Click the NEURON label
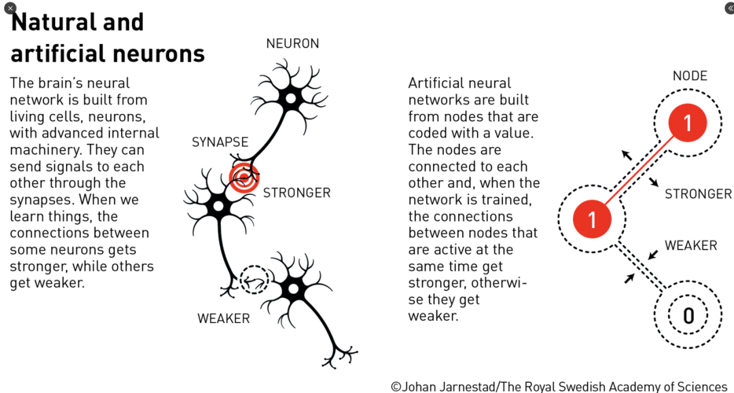point(292,44)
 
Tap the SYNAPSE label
point(220,143)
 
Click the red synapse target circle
point(243,179)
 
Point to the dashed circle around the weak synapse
point(255,279)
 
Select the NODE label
point(690,76)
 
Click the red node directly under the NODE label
point(687,123)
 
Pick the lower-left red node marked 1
point(591,219)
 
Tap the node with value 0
point(688,316)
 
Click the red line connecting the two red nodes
point(640,171)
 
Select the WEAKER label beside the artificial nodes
point(691,246)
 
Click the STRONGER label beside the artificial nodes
point(698,194)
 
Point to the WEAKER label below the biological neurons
point(224,318)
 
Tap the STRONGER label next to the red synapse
point(296,193)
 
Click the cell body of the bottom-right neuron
point(294,289)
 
